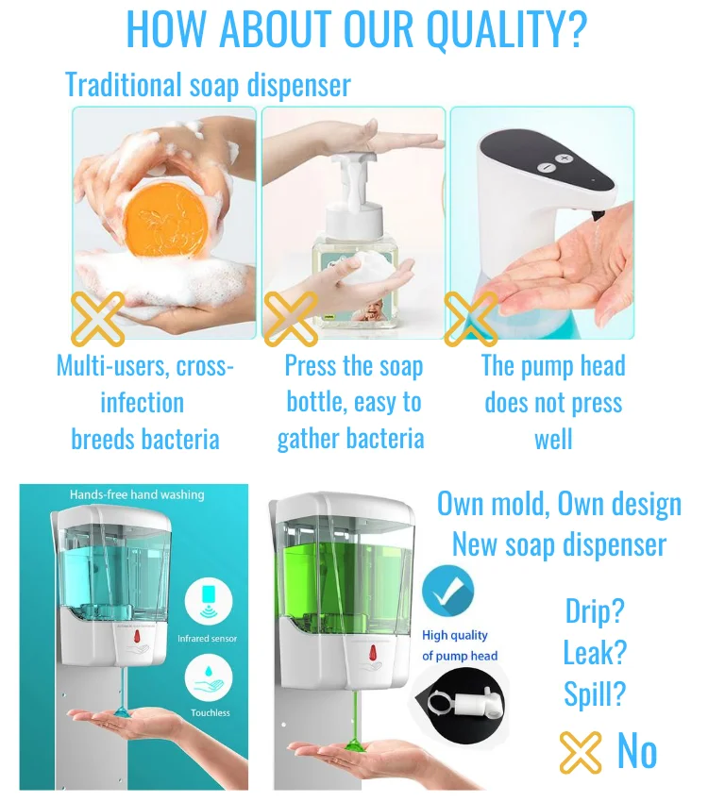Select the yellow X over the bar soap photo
coord(98,318)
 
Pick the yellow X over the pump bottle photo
coord(290,318)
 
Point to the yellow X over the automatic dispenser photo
coord(470,318)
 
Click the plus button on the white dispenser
coord(565,159)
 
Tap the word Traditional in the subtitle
coord(124,85)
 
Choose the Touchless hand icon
coord(210,677)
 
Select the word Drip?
coord(595,610)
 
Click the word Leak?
coord(595,652)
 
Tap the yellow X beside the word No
coord(581,752)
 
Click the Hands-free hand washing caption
coord(137,494)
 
